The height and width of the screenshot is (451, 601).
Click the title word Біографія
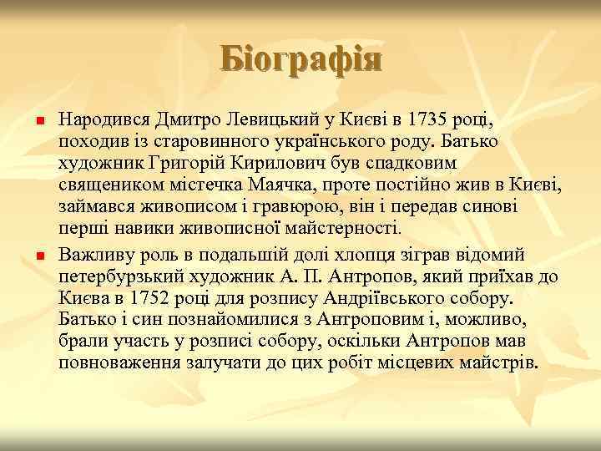[300, 60]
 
